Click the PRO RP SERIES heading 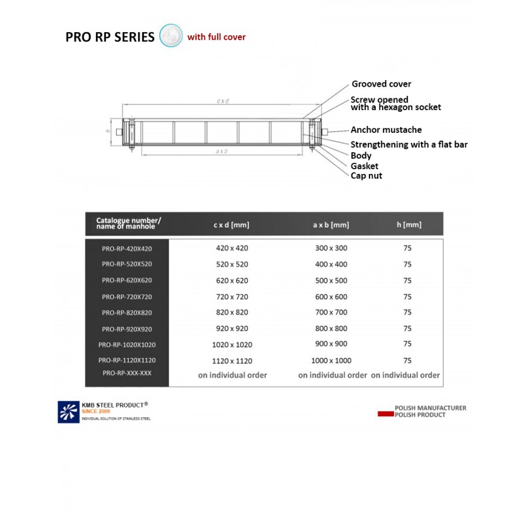pyautogui.click(x=110, y=37)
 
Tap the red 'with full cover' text pyautogui.click(x=216, y=37)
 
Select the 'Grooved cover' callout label pyautogui.click(x=381, y=84)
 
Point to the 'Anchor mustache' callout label pyautogui.click(x=386, y=130)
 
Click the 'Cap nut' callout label pyautogui.click(x=367, y=176)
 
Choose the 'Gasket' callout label pyautogui.click(x=364, y=166)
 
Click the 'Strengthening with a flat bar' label pyautogui.click(x=409, y=144)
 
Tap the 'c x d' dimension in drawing pyautogui.click(x=223, y=101)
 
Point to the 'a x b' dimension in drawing pyautogui.click(x=221, y=151)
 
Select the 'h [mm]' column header pyautogui.click(x=408, y=224)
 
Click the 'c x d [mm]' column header pyautogui.click(x=232, y=224)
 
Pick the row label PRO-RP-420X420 pyautogui.click(x=126, y=248)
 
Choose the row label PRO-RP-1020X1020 pyautogui.click(x=126, y=345)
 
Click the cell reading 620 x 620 pyautogui.click(x=232, y=280)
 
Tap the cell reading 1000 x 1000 pyautogui.click(x=331, y=361)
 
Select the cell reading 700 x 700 pyautogui.click(x=331, y=313)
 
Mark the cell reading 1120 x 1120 pyautogui.click(x=232, y=361)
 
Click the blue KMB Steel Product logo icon pyautogui.click(x=68, y=411)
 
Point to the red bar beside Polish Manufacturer pyautogui.click(x=384, y=414)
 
